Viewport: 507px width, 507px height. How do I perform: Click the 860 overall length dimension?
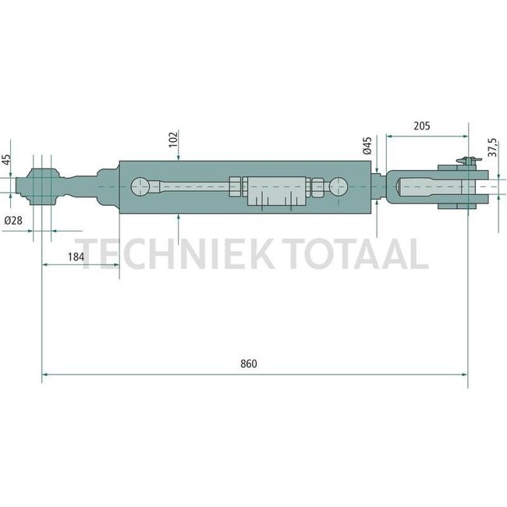(x=249, y=364)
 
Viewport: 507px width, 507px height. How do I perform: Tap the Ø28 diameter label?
(x=13, y=221)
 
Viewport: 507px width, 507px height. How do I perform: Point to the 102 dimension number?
(x=173, y=140)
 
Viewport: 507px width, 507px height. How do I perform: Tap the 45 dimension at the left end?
(x=8, y=160)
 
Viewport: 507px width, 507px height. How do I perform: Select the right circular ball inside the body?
(x=339, y=188)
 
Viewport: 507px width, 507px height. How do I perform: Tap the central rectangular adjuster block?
(x=275, y=193)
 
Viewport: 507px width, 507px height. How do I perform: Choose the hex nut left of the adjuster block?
(x=236, y=187)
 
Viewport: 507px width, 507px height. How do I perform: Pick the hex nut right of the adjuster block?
(x=315, y=188)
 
